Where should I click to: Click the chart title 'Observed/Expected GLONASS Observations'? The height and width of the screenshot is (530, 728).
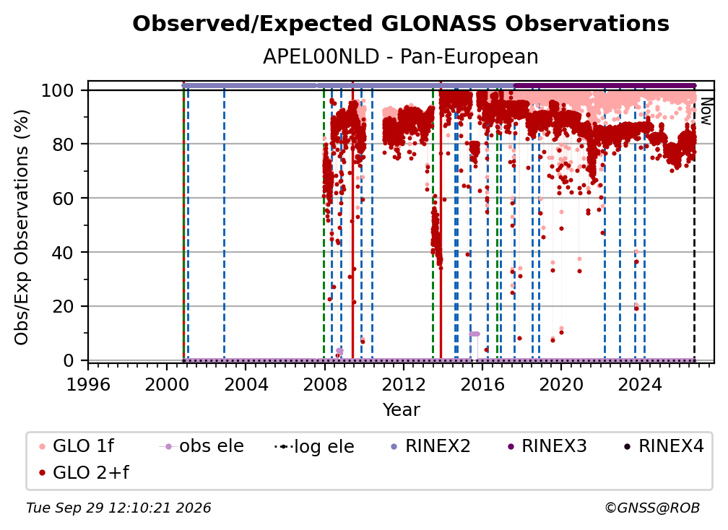401,24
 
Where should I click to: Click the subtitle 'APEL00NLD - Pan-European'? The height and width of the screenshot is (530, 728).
401,57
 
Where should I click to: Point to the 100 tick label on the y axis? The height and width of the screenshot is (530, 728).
58,90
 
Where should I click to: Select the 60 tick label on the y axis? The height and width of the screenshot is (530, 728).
63,199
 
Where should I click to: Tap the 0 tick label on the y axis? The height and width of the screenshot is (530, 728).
69,360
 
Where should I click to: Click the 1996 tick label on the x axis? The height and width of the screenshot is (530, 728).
88,385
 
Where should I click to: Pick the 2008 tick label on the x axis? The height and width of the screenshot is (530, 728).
324,385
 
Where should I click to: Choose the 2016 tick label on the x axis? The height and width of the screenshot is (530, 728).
482,385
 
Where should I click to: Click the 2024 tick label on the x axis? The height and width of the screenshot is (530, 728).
640,385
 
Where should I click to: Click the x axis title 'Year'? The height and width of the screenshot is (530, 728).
401,410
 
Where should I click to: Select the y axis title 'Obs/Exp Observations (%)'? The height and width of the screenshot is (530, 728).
22,227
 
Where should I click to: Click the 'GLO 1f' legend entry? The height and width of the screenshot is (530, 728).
77,446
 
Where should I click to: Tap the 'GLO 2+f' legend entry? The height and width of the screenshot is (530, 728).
84,473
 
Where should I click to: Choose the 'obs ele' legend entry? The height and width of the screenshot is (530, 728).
201,446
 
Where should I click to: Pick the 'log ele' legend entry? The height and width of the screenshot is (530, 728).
314,447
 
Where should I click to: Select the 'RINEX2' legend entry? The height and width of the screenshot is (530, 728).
431,446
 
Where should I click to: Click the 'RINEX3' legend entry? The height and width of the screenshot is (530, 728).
547,446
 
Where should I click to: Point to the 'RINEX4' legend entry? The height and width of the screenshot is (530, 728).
664,446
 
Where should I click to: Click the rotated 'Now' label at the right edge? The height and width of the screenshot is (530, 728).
706,111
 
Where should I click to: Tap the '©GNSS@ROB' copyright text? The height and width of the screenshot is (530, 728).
652,508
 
